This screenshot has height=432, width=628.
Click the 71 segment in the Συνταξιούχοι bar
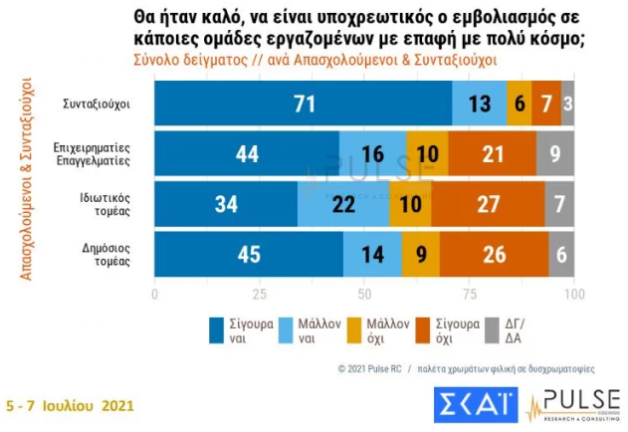[303, 103]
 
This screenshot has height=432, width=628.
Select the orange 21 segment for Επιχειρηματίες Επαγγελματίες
[492, 153]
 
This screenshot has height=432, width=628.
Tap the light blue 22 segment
[343, 204]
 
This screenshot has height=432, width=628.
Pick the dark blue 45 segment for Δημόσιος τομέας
[249, 255]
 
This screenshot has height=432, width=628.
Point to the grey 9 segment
[555, 153]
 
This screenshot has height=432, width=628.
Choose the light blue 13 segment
[479, 103]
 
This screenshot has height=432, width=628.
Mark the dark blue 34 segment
[226, 204]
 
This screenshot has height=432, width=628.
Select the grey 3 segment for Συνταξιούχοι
[567, 103]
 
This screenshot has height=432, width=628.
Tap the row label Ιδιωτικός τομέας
[111, 204]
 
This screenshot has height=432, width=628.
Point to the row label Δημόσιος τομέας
[113, 255]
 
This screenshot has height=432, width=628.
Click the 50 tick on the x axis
[364, 296]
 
